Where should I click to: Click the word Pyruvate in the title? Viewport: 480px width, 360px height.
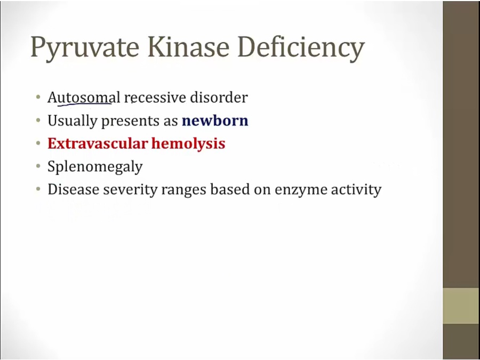pyautogui.click(x=85, y=48)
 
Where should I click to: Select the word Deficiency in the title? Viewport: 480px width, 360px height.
pyautogui.click(x=301, y=48)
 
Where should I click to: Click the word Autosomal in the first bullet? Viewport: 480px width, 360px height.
pyautogui.click(x=84, y=98)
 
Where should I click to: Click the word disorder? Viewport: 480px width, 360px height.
pyautogui.click(x=219, y=98)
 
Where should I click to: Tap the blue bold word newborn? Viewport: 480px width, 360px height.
pyautogui.click(x=215, y=121)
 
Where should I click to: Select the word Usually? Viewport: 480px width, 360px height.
pyautogui.click(x=72, y=121)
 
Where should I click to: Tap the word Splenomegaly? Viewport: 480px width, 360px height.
pyautogui.click(x=95, y=167)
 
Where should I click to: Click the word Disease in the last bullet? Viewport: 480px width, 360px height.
pyautogui.click(x=73, y=189)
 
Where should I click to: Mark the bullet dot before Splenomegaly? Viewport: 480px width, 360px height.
pyautogui.click(x=38, y=166)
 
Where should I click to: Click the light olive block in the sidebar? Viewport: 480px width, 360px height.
pyautogui.click(x=461, y=306)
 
